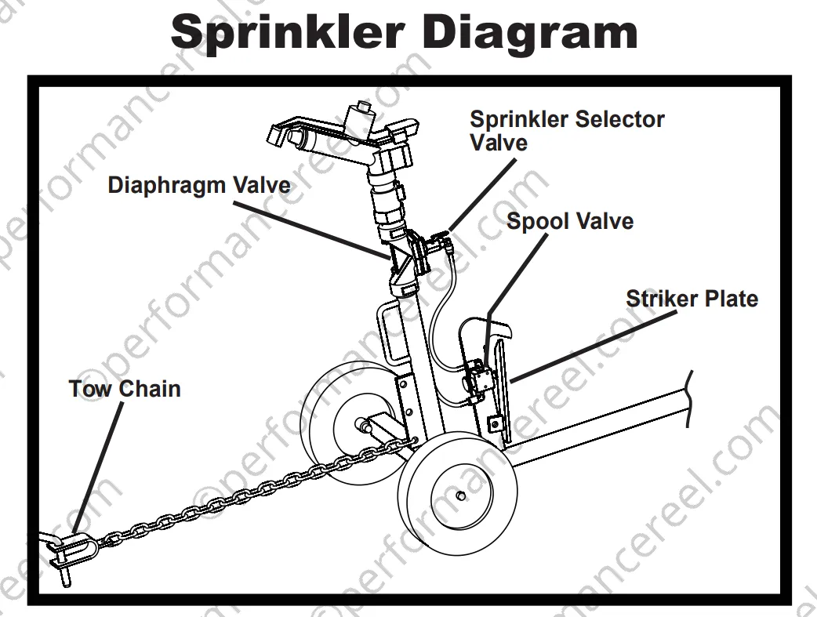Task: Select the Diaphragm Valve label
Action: point(198,186)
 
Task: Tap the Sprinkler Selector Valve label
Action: point(566,130)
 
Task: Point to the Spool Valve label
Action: point(570,221)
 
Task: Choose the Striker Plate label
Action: point(692,299)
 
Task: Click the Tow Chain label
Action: point(125,389)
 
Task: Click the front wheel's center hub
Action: point(460,495)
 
